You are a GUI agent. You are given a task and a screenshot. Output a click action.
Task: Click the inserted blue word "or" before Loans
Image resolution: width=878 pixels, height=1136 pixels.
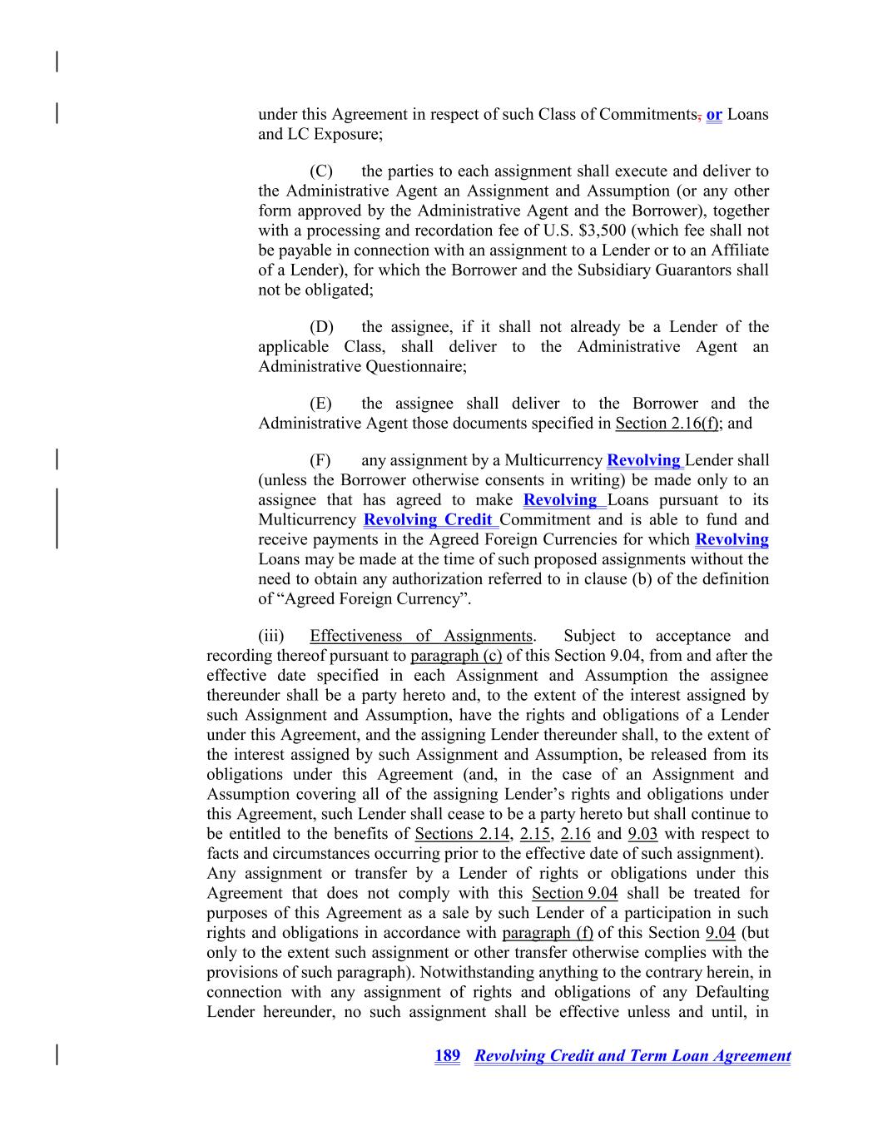pos(714,115)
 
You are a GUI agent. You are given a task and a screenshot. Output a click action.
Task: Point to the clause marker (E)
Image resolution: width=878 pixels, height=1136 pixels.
pos(321,404)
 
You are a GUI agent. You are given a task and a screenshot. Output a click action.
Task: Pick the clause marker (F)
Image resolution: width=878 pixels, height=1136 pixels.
pos(320,460)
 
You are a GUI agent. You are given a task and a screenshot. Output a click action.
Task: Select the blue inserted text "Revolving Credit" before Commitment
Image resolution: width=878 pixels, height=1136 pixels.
pos(429,520)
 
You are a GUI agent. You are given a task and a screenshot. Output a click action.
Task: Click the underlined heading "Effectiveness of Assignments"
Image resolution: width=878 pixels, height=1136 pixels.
pos(420,637)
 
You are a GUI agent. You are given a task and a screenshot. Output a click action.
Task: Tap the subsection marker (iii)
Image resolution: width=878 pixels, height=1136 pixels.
pos(270,637)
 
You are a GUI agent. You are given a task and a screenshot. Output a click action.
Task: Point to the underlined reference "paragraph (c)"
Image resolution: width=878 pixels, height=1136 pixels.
pos(456,656)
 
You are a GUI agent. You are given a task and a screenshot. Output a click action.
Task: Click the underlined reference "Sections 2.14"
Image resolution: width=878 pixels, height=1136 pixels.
pos(462,834)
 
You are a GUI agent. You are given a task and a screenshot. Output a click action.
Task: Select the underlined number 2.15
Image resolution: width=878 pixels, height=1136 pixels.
pos(535,834)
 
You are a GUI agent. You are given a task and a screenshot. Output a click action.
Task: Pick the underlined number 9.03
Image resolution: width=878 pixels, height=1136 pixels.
pos(645,834)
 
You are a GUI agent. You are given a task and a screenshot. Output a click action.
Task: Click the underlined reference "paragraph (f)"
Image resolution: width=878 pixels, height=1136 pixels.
pos(548,933)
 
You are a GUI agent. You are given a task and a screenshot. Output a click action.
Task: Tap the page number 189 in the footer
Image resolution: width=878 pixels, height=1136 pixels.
pos(447,1056)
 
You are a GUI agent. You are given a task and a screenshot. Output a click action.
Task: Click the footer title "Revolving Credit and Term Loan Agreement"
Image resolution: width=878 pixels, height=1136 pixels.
pos(632,1056)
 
